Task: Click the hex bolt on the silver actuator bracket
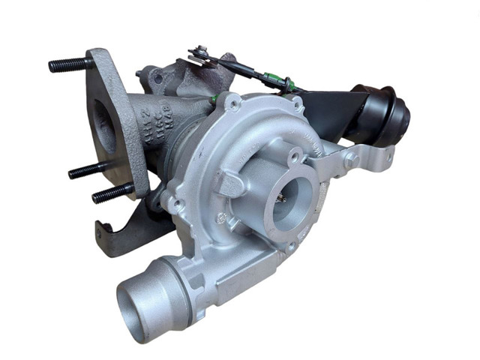pos(349,158)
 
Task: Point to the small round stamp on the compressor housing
pos(223,218)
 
